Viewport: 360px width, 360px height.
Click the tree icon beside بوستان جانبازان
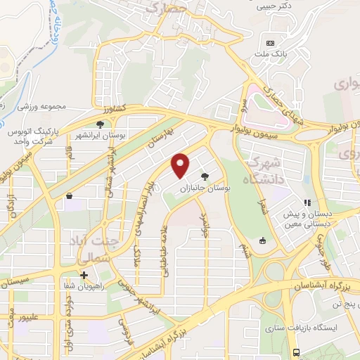[x=205, y=176]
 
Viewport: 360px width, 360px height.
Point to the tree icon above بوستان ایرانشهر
[x=101, y=124]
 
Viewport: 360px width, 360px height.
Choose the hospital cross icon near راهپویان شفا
[x=84, y=275]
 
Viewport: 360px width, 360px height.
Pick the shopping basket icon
[x=70, y=196]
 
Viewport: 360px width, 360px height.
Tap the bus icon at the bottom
[x=297, y=352]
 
